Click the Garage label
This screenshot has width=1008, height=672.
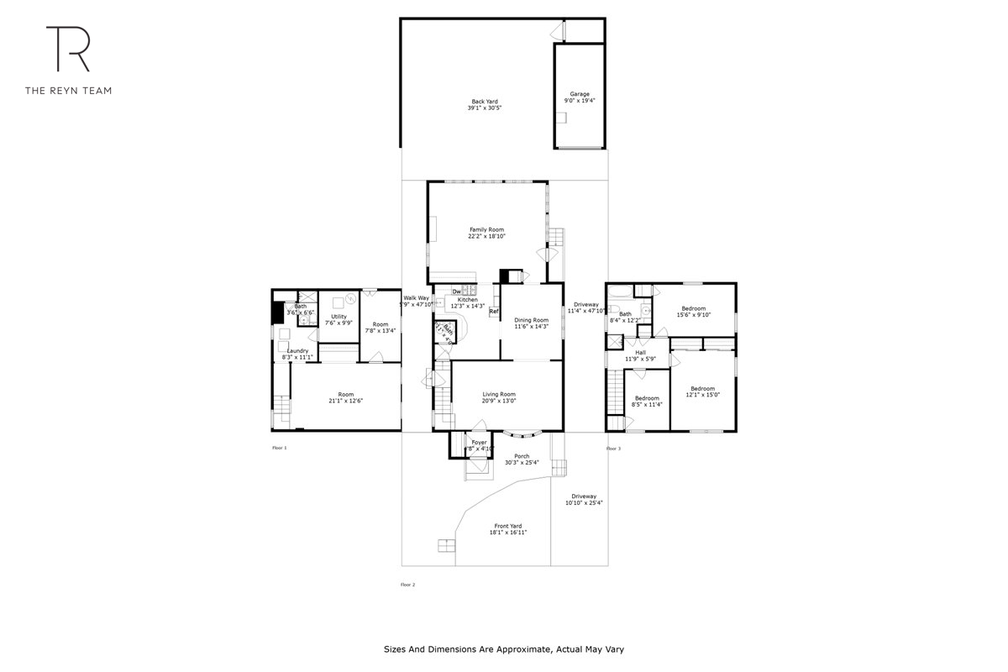[x=580, y=94]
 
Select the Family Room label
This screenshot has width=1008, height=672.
[x=486, y=229]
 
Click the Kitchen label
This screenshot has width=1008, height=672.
[x=467, y=300]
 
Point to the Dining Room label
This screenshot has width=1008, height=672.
[x=531, y=319]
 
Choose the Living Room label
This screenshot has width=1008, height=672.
[x=499, y=394]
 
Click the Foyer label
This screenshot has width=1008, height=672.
[x=479, y=442]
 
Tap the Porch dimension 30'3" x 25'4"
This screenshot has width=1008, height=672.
[x=522, y=463]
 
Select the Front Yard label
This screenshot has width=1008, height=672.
[x=509, y=526]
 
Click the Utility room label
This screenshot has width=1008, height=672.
[x=339, y=316]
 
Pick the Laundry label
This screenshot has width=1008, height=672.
[x=298, y=351]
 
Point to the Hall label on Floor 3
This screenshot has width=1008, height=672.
[x=640, y=352]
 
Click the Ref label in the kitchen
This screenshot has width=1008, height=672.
[x=494, y=312]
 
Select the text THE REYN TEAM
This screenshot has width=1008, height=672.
[x=68, y=90]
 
